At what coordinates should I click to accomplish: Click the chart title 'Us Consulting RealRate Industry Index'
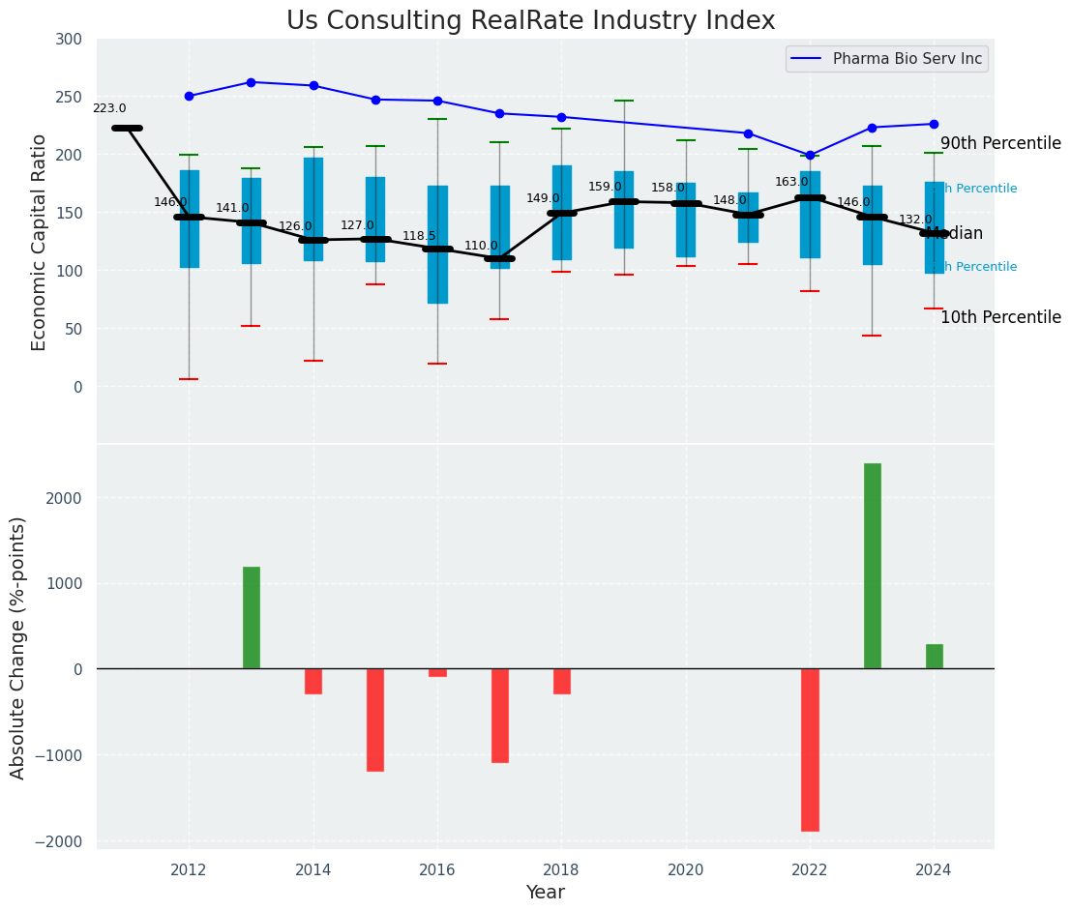(x=530, y=21)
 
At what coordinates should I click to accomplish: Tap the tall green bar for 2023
(x=872, y=566)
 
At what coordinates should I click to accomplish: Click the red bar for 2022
(x=810, y=749)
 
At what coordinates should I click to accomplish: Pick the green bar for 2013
(x=251, y=617)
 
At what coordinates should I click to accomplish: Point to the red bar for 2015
(x=375, y=720)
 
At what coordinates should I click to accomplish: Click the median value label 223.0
(x=109, y=109)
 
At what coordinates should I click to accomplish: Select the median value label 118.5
(x=419, y=236)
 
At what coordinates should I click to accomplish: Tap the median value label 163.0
(x=791, y=182)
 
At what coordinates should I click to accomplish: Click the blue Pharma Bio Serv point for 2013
(x=251, y=82)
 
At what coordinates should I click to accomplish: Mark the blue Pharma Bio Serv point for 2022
(x=810, y=155)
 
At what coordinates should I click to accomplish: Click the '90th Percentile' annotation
(x=1000, y=143)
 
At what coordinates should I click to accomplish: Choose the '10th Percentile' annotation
(x=1000, y=317)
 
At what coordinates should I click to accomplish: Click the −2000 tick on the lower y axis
(x=65, y=841)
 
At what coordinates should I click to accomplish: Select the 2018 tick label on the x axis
(x=561, y=869)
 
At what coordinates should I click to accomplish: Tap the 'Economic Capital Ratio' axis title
(x=40, y=242)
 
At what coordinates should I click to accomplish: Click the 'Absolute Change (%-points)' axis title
(x=19, y=647)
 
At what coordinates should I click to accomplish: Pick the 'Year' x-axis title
(x=546, y=893)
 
